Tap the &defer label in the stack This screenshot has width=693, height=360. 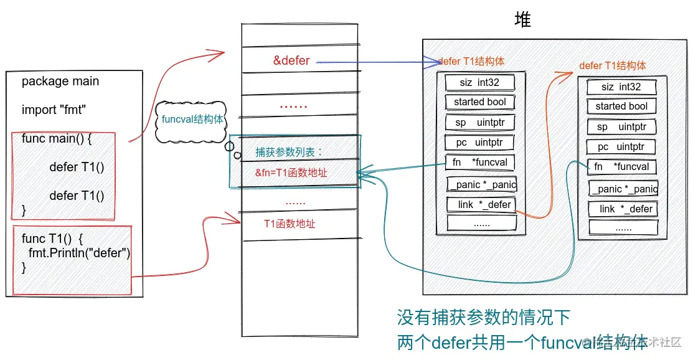(291, 60)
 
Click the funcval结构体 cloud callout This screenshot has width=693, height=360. (192, 120)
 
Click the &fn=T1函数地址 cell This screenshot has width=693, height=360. (291, 173)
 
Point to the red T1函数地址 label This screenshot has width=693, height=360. (290, 223)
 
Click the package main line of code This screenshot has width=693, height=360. (60, 82)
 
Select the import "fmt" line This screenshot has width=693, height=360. (54, 110)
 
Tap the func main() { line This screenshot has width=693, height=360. (57, 138)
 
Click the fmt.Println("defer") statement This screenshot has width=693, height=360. (79, 253)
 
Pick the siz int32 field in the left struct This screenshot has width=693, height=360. (479, 82)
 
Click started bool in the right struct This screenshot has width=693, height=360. (621, 107)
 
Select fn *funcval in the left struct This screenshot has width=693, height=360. (480, 163)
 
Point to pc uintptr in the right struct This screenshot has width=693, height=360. (621, 147)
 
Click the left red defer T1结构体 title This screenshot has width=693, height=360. (471, 61)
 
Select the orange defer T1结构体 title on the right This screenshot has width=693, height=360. (613, 65)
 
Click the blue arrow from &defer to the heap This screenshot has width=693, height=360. (374, 62)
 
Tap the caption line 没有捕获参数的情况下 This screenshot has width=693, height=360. (484, 318)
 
